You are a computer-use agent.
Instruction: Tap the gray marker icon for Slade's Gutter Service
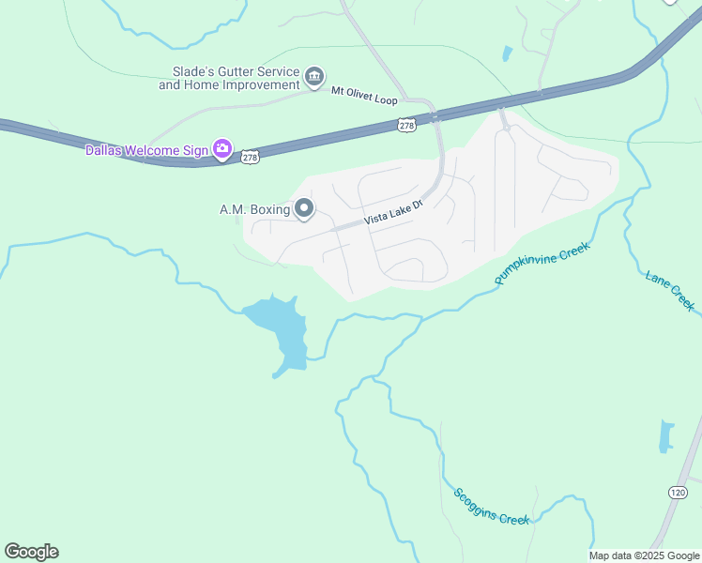[x=314, y=75]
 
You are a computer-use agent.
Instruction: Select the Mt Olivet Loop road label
[x=365, y=98]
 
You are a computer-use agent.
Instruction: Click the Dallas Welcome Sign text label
[x=145, y=150]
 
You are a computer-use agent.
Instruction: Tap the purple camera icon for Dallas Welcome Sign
[x=222, y=148]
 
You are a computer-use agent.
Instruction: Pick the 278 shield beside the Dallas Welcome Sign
[x=251, y=158]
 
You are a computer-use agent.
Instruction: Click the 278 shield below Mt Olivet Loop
[x=406, y=125]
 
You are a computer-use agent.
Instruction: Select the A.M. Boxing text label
[x=254, y=209]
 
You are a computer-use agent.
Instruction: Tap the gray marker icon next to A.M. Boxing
[x=304, y=208]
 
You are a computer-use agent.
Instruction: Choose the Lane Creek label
[x=670, y=290]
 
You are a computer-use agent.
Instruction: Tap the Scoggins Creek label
[x=492, y=508]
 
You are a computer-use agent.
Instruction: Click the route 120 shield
[x=679, y=493]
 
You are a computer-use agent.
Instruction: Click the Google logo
[x=31, y=552]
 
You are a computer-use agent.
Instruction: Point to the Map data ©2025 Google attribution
[x=644, y=555]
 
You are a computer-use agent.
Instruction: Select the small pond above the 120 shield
[x=666, y=435]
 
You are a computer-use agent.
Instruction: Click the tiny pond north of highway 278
[x=508, y=53]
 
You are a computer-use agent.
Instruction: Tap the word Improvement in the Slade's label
[x=260, y=84]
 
